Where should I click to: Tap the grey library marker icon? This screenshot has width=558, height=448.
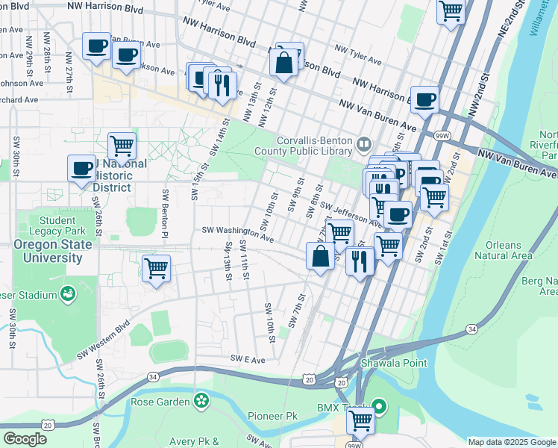(363, 143)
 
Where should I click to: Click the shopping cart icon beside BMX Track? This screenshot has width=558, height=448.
(361, 420)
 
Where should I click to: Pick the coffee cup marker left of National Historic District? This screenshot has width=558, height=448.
(81, 168)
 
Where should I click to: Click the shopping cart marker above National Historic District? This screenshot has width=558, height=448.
(122, 144)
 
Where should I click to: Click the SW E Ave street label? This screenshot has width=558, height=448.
(248, 359)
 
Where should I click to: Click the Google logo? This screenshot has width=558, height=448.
(25, 439)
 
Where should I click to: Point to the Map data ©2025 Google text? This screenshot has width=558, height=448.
(512, 442)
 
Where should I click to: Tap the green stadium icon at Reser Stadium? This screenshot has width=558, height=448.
(69, 293)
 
